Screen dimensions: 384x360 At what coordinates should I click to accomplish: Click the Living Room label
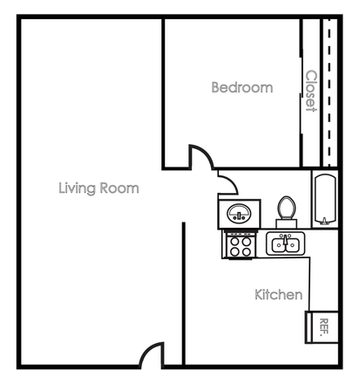pyautogui.click(x=98, y=188)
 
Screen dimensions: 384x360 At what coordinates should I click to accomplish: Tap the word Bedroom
pyautogui.click(x=242, y=88)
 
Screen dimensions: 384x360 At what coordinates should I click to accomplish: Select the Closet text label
pyautogui.click(x=310, y=92)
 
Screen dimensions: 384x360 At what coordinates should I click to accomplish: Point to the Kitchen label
pyautogui.click(x=278, y=295)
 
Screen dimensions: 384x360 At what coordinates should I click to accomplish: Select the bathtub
pyautogui.click(x=324, y=199)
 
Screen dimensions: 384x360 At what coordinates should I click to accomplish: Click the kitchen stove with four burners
pyautogui.click(x=239, y=245)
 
